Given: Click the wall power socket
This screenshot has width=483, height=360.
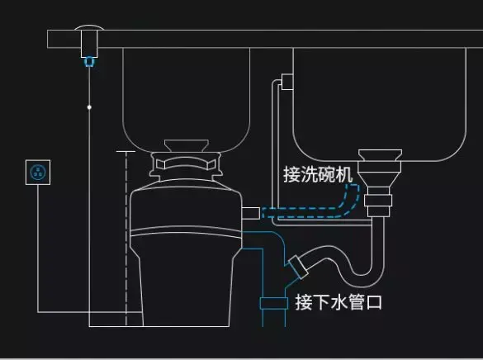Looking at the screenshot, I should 38,173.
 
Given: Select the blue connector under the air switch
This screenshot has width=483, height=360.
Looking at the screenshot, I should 89,59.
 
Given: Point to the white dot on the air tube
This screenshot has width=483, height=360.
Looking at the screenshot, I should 89,107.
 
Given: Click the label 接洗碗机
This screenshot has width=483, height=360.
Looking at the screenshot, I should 318,175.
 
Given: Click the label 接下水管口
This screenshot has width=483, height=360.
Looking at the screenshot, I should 339,302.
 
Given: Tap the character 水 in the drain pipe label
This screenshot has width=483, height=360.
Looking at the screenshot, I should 339,302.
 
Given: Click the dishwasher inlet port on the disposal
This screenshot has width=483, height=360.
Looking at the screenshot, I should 249,213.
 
